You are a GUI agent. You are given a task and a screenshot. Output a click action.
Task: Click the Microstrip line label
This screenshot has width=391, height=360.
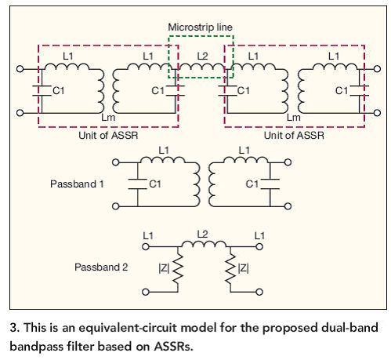(200, 27)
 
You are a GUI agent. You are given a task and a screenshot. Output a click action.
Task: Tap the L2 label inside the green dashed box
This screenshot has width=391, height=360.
(202, 56)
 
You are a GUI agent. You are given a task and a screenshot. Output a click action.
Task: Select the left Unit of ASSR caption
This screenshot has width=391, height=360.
(108, 136)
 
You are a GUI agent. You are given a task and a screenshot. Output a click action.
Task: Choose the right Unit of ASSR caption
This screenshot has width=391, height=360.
(294, 136)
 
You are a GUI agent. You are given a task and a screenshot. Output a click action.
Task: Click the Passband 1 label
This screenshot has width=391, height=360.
(77, 184)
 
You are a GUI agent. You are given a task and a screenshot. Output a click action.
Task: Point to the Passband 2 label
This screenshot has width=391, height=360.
(101, 267)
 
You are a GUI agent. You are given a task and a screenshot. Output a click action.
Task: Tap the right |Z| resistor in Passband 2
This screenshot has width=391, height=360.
(230, 269)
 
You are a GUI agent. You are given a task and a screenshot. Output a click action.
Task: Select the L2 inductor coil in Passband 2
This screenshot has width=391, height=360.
(204, 244)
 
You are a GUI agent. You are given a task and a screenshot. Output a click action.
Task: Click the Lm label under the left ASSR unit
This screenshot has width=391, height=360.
(108, 118)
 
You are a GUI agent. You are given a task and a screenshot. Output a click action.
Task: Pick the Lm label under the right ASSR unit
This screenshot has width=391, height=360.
(294, 118)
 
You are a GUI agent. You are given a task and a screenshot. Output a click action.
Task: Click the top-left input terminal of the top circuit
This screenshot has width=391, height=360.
(20, 69)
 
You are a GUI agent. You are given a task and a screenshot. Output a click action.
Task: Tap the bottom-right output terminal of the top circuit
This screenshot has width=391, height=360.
(377, 113)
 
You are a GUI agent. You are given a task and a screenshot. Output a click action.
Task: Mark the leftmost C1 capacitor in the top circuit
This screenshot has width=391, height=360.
(42, 91)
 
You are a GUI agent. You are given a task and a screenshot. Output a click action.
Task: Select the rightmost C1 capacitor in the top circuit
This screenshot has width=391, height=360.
(360, 91)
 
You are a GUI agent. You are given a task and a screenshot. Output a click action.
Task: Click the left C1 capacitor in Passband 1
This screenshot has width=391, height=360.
(137, 184)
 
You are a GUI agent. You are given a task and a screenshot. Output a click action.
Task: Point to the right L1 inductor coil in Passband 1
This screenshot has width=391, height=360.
(245, 159)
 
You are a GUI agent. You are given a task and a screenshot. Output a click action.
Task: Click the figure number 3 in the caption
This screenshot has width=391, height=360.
(13, 328)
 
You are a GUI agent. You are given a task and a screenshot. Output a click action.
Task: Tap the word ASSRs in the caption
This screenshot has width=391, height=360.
(174, 347)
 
